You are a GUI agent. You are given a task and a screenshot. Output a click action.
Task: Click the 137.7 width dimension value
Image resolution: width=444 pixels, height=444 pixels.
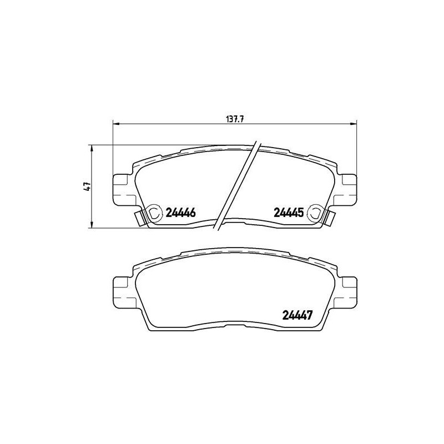point(235,119)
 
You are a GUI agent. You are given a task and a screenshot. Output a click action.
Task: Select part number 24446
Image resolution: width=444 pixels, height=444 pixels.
point(181,212)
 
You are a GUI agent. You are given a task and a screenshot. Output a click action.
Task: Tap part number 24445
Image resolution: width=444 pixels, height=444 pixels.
point(289,212)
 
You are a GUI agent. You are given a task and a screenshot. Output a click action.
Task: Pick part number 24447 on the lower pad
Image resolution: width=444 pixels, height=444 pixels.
point(297,315)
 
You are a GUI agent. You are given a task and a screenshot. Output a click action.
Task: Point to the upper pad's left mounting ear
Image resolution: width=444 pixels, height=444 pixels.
point(122,189)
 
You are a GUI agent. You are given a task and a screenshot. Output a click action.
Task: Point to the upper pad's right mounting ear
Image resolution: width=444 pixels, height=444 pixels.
point(347,189)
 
